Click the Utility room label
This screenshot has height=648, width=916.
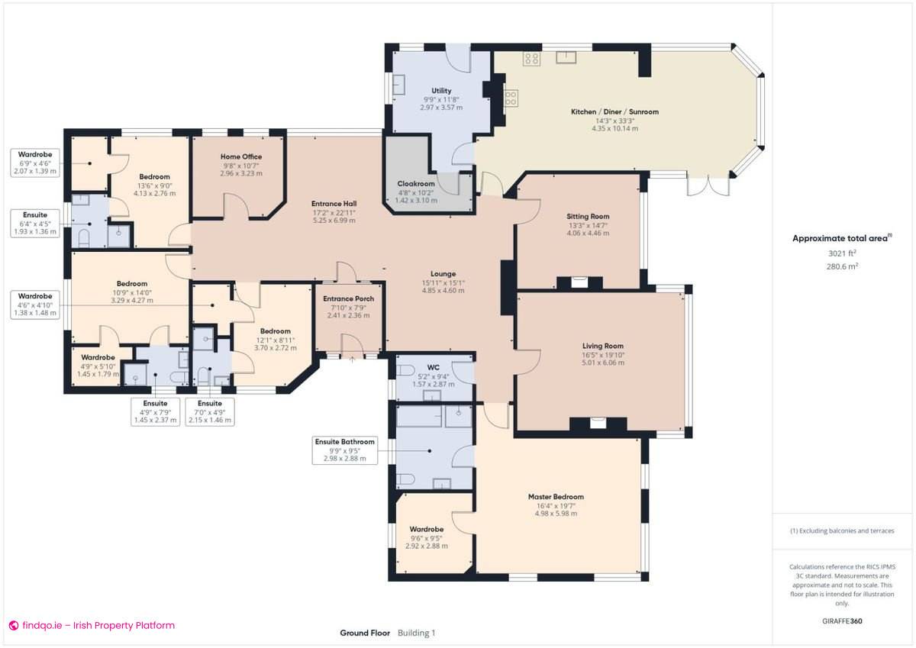point(441,90)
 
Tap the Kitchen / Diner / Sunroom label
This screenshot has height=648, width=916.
point(614,111)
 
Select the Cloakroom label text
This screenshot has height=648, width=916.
point(416,184)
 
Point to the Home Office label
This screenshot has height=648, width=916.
point(240,156)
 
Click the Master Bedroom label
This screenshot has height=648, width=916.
point(556,497)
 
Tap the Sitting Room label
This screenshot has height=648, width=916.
point(588,216)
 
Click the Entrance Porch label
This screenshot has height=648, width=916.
point(348,298)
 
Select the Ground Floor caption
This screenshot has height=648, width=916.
point(365,633)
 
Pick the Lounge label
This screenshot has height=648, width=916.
point(443,273)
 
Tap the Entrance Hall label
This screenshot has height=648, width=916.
point(334,204)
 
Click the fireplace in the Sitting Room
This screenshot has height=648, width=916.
point(579,281)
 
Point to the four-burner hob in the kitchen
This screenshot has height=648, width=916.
point(532,58)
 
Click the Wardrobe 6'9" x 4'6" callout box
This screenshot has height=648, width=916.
point(35,163)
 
